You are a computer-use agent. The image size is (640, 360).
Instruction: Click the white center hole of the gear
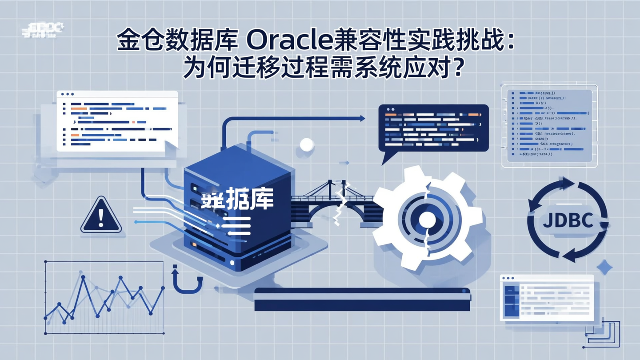tap(426, 219)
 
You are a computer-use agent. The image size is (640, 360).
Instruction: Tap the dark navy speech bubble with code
tap(433, 128)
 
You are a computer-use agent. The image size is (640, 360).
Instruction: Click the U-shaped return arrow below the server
tap(187, 280)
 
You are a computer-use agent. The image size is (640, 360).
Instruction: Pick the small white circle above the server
tap(307, 144)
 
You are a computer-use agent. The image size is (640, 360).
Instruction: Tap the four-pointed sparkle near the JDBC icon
tap(604, 267)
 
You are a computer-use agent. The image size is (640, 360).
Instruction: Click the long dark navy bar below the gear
tap(362, 299)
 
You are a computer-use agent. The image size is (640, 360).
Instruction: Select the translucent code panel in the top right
tap(550, 126)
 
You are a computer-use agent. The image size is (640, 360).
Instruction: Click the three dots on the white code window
tap(68, 94)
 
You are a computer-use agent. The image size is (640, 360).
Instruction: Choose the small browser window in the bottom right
tap(547, 297)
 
